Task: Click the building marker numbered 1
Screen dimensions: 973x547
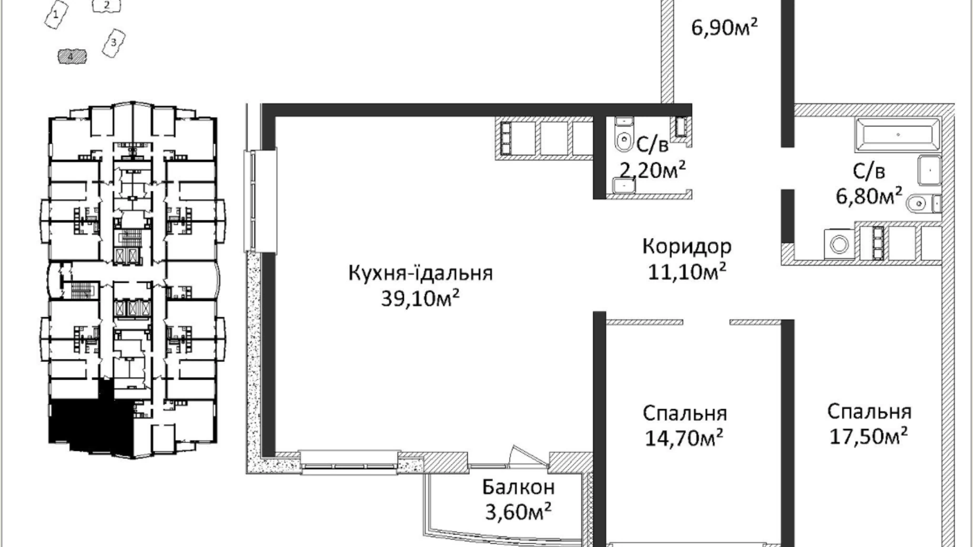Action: click(56, 15)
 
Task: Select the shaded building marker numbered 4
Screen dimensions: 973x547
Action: click(72, 55)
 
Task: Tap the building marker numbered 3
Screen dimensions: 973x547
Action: click(114, 43)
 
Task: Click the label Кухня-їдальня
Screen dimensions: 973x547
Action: click(420, 273)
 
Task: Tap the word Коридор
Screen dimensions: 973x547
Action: click(687, 246)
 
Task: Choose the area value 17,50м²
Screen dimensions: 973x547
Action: click(869, 435)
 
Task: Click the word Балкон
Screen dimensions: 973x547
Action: click(519, 487)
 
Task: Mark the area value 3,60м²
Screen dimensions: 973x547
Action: click(518, 512)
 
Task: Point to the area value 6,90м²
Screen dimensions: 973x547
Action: click(725, 27)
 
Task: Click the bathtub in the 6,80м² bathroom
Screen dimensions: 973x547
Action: click(897, 135)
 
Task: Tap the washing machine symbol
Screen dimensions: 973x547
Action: click(839, 244)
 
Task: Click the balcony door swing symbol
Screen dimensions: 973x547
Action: click(522, 455)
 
